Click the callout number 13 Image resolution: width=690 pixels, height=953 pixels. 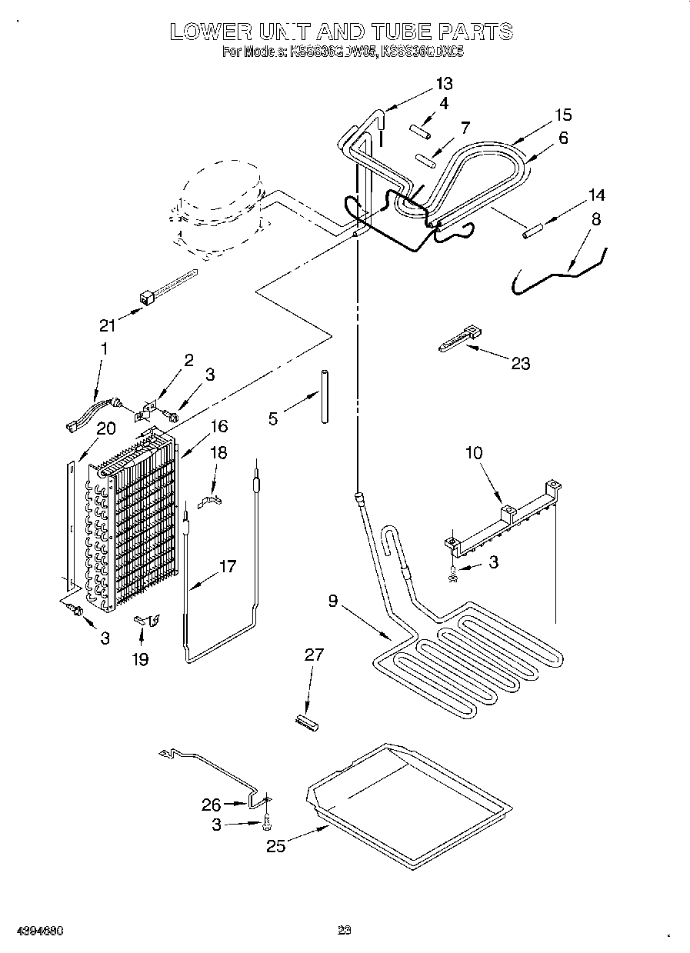point(444,84)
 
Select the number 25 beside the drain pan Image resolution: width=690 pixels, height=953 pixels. point(276,846)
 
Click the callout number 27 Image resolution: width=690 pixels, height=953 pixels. point(314,655)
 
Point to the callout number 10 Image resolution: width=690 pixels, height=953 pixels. point(474,452)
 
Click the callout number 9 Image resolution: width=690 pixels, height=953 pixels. point(332,601)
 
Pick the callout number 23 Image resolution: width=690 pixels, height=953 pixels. point(521,363)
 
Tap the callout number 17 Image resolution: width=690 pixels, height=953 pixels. point(228,567)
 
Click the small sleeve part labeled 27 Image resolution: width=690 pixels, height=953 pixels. point(306,722)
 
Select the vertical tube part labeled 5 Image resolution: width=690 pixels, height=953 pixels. point(324,396)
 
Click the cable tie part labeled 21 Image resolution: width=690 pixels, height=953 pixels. point(165,285)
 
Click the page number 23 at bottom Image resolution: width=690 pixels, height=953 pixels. point(344,931)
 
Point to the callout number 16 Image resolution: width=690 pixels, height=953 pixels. point(220,426)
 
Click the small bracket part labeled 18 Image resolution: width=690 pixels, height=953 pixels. point(211,502)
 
